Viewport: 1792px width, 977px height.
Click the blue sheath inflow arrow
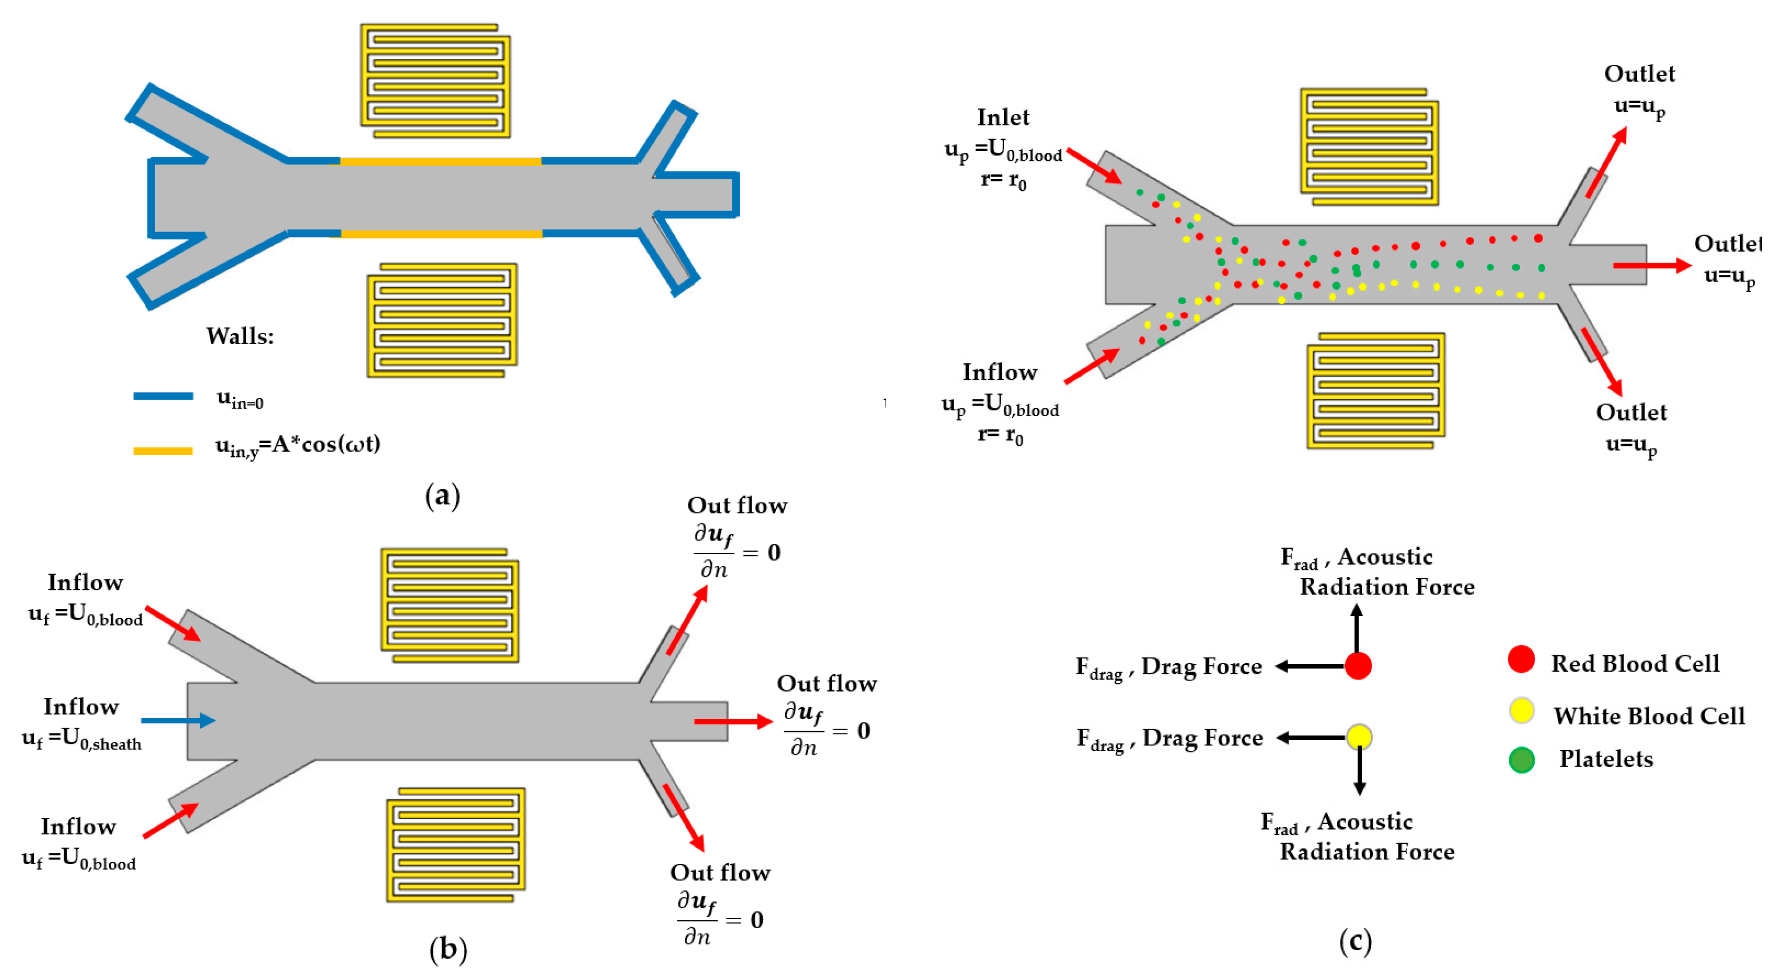pos(178,720)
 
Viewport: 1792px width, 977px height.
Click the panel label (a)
pos(442,496)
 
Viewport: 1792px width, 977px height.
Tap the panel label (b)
pos(448,949)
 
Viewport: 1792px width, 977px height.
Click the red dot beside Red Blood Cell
pos(1521,659)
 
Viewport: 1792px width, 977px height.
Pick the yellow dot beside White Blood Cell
pos(1522,710)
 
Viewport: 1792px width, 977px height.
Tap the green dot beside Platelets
pos(1522,760)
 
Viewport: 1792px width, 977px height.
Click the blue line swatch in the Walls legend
pos(163,396)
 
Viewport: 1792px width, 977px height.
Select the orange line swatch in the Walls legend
pos(163,451)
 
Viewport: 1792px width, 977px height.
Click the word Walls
pos(240,336)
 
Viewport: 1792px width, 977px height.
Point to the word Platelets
pos(1606,759)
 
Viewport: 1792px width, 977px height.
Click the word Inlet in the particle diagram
pos(1003,117)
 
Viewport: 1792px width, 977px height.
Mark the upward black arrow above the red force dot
pos(1356,628)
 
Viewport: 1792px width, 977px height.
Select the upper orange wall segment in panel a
pos(440,161)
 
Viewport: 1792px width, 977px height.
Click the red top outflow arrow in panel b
pos(687,620)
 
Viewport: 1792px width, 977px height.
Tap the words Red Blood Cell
pos(1635,664)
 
